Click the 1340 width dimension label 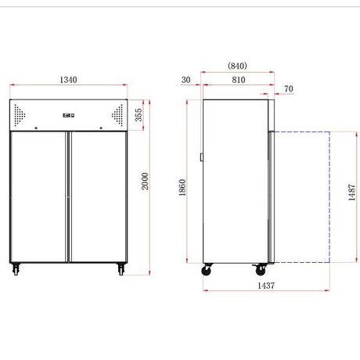(x=68, y=80)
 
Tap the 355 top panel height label (x=139, y=115)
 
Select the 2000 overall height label (x=145, y=181)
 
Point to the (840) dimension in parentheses (x=237, y=66)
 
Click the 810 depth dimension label (x=239, y=80)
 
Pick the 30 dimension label (x=186, y=80)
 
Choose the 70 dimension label (x=289, y=88)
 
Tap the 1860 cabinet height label (x=182, y=188)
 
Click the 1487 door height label (x=352, y=193)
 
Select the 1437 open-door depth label (x=266, y=286)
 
